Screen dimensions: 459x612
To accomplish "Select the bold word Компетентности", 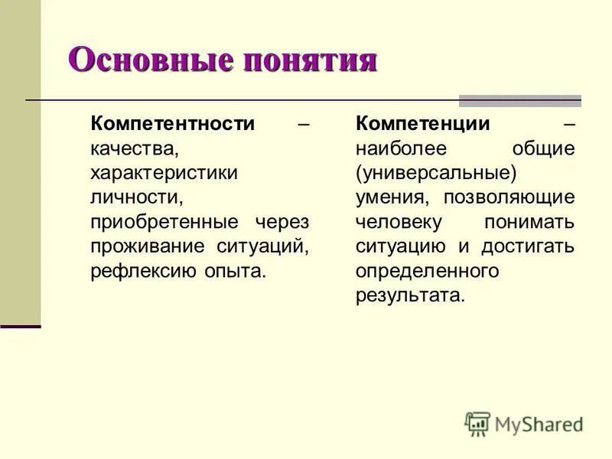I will [x=172, y=124].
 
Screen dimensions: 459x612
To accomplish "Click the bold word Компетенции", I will [x=423, y=124].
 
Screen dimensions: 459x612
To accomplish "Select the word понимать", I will [x=529, y=222].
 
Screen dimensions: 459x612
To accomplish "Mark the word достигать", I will [x=528, y=246].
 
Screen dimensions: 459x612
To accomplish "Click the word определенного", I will [x=427, y=271].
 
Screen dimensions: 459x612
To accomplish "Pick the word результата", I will [x=409, y=295].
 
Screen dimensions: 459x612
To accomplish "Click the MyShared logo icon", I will [x=477, y=424].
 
